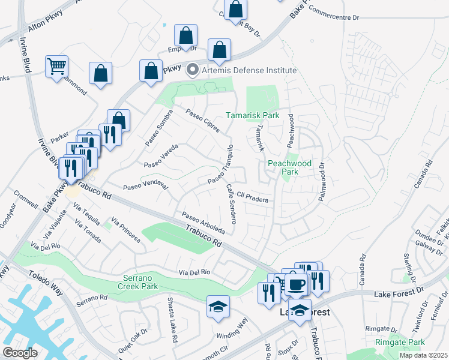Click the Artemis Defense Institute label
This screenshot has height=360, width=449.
249,70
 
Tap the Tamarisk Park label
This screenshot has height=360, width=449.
253,115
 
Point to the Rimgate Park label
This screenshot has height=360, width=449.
400,343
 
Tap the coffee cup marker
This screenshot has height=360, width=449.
295,284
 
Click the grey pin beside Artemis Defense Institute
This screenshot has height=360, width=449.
193,70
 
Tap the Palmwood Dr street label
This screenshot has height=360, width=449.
322,182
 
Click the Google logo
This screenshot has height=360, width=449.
20,353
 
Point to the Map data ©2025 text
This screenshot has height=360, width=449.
423,356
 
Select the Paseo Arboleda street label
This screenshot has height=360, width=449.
203,222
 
